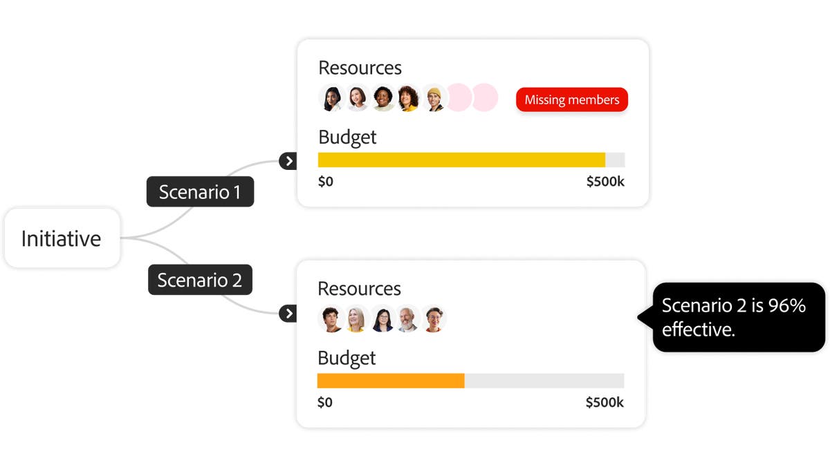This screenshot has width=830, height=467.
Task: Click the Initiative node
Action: (x=62, y=238)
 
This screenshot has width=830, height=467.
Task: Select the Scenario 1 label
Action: (x=200, y=191)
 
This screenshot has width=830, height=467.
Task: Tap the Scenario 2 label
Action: (x=200, y=280)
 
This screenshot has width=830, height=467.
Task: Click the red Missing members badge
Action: (x=571, y=99)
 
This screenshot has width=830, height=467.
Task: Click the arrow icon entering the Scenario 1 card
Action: (x=288, y=161)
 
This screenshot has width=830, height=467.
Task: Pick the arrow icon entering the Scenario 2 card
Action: (x=288, y=314)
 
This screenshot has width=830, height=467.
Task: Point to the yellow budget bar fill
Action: (x=461, y=160)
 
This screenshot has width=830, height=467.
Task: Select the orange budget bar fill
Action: (x=391, y=381)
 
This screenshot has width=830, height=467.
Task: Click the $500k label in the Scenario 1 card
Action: (x=605, y=182)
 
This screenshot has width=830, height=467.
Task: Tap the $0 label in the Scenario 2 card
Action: (x=325, y=402)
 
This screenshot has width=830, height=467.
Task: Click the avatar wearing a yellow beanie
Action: (x=434, y=98)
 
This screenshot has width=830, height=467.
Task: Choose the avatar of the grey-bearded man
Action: (x=408, y=319)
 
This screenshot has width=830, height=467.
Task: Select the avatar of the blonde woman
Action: (x=356, y=319)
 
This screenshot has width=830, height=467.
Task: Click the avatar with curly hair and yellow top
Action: (x=409, y=98)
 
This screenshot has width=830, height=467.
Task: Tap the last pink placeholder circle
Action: (x=485, y=98)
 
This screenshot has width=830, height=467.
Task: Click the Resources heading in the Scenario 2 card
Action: (x=359, y=288)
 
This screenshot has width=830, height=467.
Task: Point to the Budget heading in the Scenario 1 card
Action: (x=347, y=137)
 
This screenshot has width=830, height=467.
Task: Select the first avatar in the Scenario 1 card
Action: (x=332, y=98)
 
